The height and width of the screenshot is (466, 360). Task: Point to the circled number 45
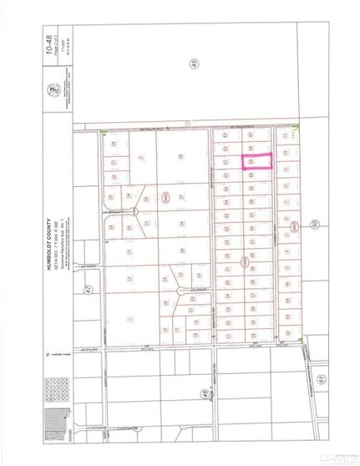click(195, 66)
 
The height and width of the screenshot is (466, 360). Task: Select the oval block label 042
click(245, 261)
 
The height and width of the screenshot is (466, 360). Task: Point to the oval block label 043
click(294, 225)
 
